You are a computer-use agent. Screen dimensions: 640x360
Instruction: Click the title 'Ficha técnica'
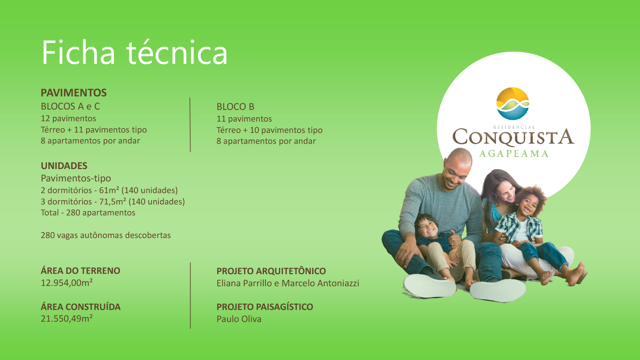[x=134, y=53]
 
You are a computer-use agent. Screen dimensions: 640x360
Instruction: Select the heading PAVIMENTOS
[x=74, y=93]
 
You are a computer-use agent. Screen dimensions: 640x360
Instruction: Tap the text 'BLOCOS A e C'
[x=70, y=106]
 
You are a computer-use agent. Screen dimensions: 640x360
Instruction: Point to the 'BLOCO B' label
[x=235, y=107]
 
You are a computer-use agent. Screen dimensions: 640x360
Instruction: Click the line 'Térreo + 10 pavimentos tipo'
[x=269, y=130]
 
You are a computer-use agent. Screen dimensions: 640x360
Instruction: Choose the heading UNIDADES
[x=64, y=166]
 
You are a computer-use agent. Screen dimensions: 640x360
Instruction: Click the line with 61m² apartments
[x=109, y=190]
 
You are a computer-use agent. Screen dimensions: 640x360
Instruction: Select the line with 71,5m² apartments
[x=113, y=202]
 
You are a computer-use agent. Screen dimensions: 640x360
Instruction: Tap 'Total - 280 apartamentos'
[x=88, y=212]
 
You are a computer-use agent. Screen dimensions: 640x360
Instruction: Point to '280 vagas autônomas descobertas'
[x=106, y=235]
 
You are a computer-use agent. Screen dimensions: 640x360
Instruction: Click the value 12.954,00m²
[x=67, y=283]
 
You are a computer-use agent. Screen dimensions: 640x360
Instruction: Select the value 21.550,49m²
[x=67, y=318]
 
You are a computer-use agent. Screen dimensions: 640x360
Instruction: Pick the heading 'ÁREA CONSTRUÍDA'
[x=81, y=307]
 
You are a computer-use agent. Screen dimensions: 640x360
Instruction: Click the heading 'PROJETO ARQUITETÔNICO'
[x=271, y=271]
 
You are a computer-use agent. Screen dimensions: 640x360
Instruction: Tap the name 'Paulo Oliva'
[x=239, y=319]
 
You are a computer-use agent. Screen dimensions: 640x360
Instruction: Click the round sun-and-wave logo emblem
[x=513, y=104]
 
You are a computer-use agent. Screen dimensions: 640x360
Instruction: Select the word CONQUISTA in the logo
[x=513, y=137]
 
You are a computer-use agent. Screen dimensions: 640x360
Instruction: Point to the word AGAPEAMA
[x=514, y=154]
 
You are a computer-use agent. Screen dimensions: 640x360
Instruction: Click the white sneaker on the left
[x=429, y=285]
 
